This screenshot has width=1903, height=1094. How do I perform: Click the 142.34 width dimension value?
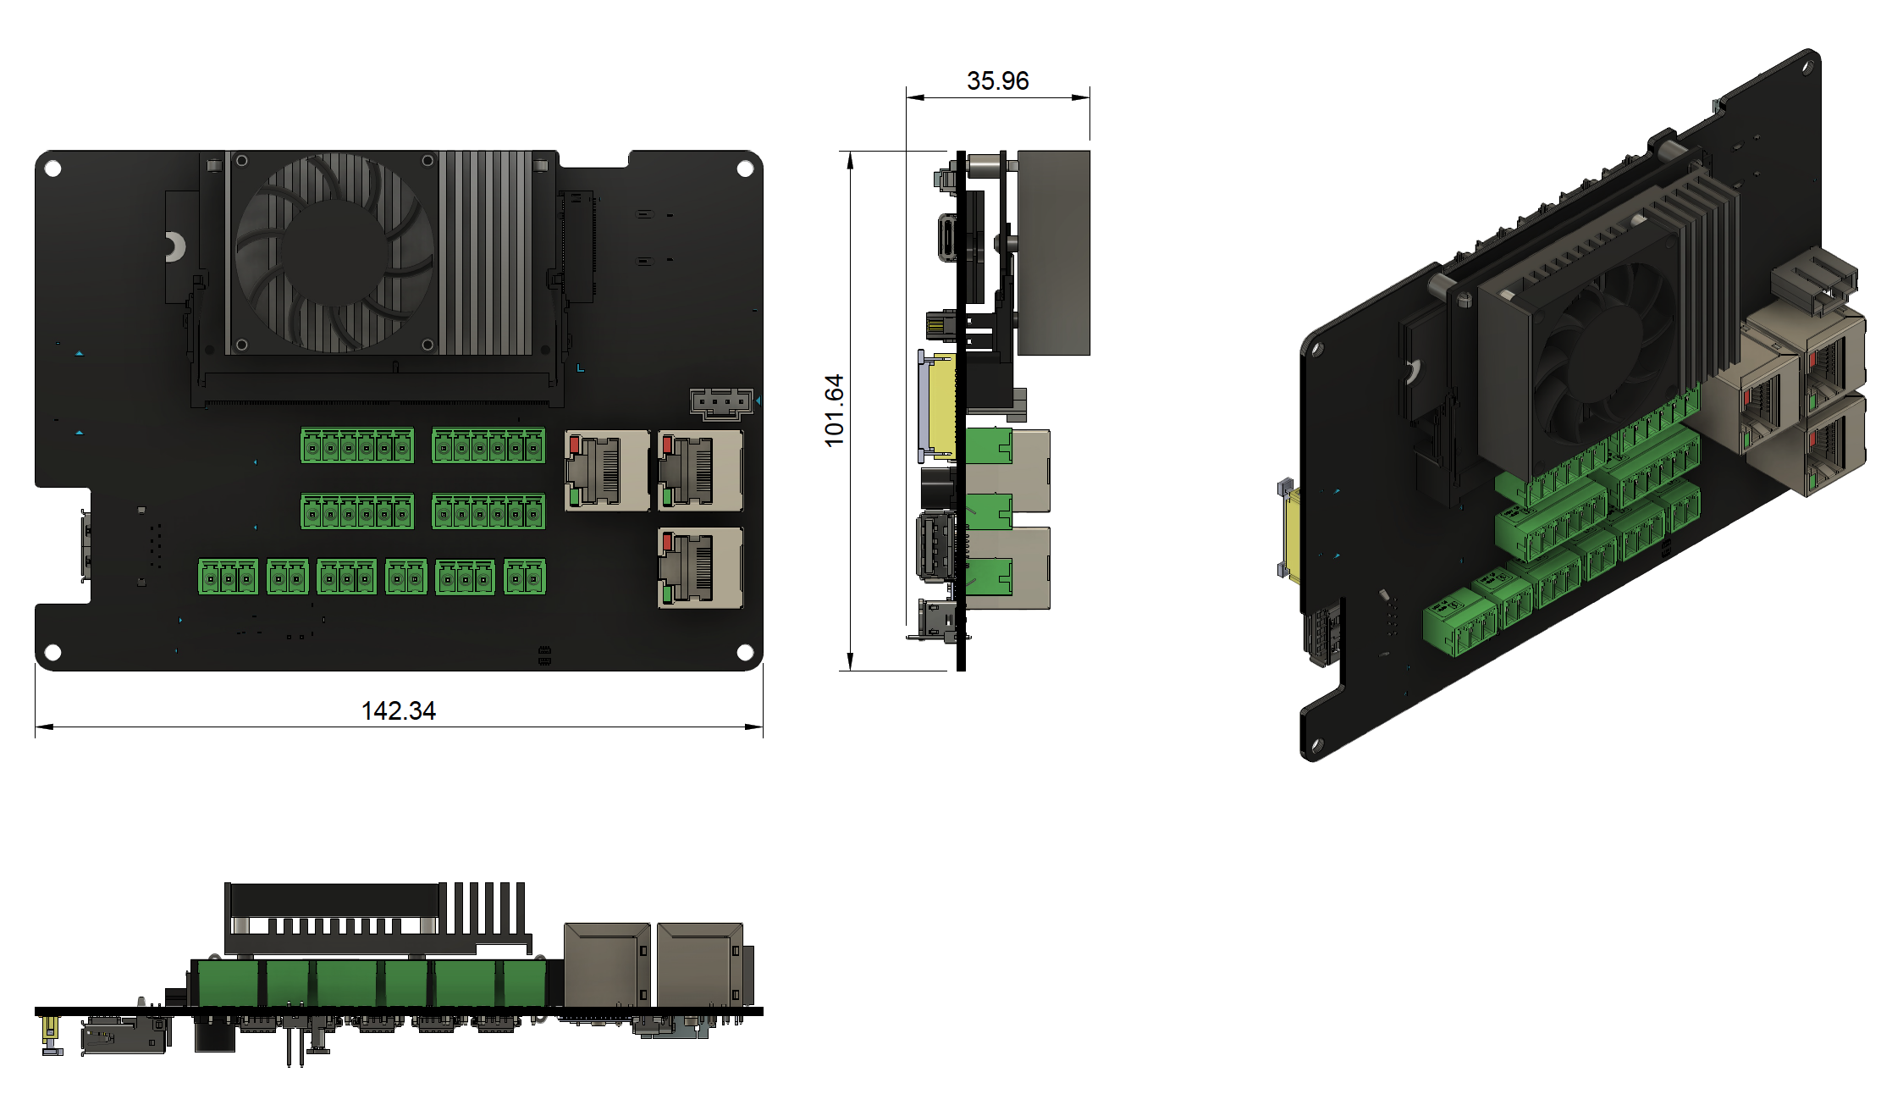(x=399, y=710)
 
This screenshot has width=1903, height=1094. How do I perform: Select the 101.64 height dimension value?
(x=834, y=411)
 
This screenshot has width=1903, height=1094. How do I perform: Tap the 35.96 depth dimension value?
(x=998, y=80)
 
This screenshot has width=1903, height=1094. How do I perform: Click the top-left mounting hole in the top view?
(x=52, y=169)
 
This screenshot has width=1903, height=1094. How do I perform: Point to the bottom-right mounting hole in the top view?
(x=746, y=652)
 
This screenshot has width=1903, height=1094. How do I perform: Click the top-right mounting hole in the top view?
(x=746, y=169)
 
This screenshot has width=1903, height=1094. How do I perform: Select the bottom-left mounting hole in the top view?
(x=52, y=652)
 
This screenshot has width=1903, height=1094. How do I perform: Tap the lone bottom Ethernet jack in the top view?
(x=701, y=568)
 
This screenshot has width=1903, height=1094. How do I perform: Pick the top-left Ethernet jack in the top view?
(x=608, y=471)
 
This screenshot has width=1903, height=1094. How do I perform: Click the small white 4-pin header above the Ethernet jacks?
(x=721, y=404)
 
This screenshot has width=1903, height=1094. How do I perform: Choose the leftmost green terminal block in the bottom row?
(x=229, y=577)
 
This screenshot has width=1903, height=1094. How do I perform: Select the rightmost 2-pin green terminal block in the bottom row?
(x=525, y=577)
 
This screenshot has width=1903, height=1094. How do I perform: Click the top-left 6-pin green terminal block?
(x=357, y=445)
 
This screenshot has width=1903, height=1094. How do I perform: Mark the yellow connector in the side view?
(x=941, y=405)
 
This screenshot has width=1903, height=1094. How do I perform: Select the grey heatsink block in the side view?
(x=1053, y=253)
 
